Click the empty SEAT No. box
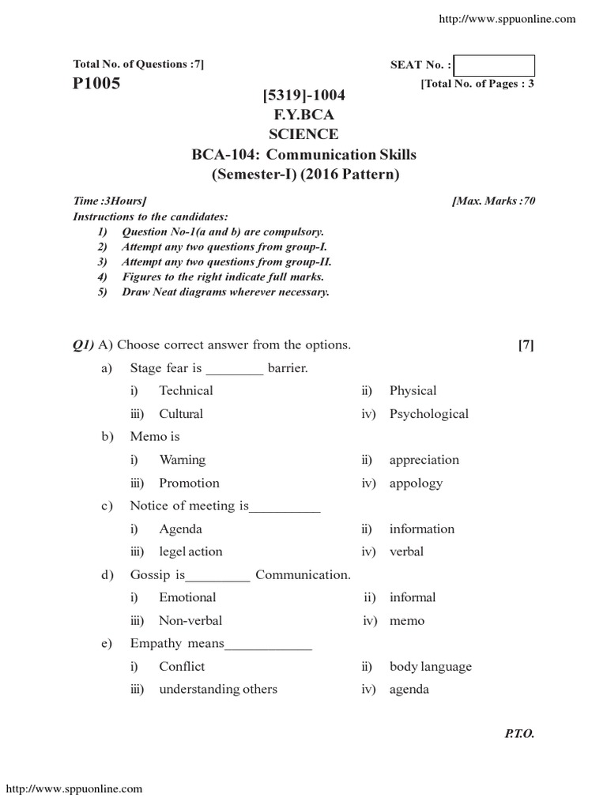tap(495, 66)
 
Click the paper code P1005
tap(96, 84)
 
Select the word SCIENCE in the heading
tap(304, 134)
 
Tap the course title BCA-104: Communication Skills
tap(304, 154)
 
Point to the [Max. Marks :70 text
tap(493, 201)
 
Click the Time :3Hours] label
tap(109, 201)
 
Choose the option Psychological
tap(428, 414)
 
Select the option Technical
tap(186, 390)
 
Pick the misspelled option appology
tap(416, 483)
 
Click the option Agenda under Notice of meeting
tap(180, 529)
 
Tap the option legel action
tap(190, 551)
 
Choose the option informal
tap(412, 597)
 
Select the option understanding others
tap(218, 689)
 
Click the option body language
tap(430, 666)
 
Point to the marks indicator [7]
tap(526, 345)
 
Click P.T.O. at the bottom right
tap(519, 734)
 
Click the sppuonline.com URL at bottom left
tap(74, 788)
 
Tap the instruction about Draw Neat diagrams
tap(225, 292)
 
